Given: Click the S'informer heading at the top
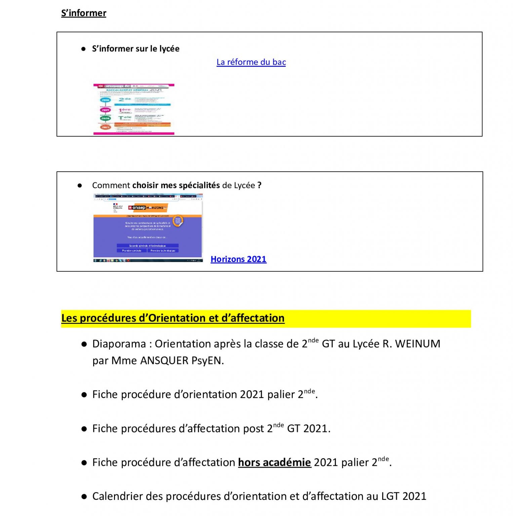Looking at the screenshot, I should pyautogui.click(x=83, y=13).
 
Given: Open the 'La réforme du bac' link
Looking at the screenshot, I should pyautogui.click(x=251, y=62).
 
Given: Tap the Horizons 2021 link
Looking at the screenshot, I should pyautogui.click(x=238, y=259).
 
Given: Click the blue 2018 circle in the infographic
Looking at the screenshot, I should pyautogui.click(x=105, y=100).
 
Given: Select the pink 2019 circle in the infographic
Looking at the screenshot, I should pyautogui.click(x=105, y=110).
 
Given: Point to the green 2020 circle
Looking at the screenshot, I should pyautogui.click(x=105, y=118).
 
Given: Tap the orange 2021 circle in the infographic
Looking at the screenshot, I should pyautogui.click(x=105, y=127).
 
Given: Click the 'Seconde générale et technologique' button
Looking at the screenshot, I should pyautogui.click(x=147, y=246).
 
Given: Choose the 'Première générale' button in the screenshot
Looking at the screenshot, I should pyautogui.click(x=132, y=251).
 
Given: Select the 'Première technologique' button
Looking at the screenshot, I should pyautogui.click(x=163, y=251).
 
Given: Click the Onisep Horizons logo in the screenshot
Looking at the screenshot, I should pyautogui.click(x=148, y=208).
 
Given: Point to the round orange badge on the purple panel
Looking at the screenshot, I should pyautogui.click(x=178, y=221).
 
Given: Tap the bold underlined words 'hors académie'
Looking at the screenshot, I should pyautogui.click(x=274, y=463).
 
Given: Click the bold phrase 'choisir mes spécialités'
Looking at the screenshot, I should pyautogui.click(x=176, y=185).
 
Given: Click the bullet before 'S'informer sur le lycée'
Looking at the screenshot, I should pyautogui.click(x=83, y=49).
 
